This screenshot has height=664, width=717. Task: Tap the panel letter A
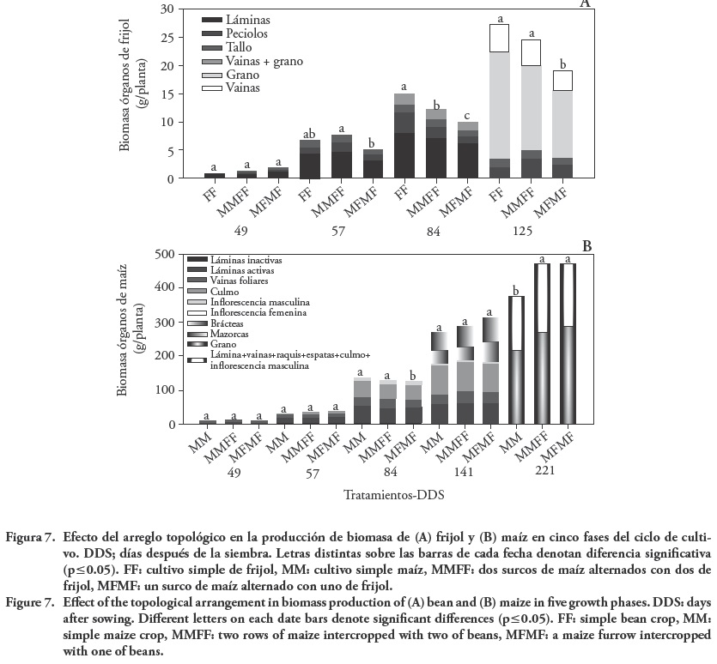coord(586,4)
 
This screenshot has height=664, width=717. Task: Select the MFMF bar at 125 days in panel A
coord(563,124)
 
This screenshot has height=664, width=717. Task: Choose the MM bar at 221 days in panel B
coord(516,360)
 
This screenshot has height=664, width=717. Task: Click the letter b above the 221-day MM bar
coord(516,290)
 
